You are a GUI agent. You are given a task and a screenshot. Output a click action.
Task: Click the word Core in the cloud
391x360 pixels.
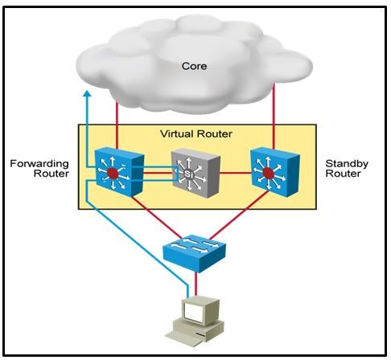(194, 66)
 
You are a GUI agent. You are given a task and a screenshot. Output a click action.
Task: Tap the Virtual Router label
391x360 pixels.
(196, 133)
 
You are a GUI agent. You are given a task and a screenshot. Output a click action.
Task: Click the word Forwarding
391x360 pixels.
(39, 164)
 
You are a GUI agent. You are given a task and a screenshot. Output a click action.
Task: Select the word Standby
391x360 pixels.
(347, 163)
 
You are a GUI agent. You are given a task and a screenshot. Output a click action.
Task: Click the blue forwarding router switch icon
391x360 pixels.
(119, 172)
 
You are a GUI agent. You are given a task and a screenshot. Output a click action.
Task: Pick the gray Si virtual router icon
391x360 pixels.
(195, 173)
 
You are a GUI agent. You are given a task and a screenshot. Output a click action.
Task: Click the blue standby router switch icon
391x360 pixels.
(274, 172)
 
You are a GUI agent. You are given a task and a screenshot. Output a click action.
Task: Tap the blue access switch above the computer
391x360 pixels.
(195, 252)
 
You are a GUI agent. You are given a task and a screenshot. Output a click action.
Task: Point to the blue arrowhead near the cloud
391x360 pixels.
(87, 93)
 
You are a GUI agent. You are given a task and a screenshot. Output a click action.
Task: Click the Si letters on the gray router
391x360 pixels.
(188, 174)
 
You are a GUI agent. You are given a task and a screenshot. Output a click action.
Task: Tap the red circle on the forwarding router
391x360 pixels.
(113, 174)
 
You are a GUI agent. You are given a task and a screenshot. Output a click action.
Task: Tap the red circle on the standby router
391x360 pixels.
(268, 173)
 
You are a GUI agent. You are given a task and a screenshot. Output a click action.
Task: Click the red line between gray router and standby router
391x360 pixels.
(235, 173)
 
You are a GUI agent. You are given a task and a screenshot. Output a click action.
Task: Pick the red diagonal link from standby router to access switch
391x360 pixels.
(239, 215)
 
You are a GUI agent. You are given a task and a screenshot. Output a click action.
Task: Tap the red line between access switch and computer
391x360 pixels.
(196, 284)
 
